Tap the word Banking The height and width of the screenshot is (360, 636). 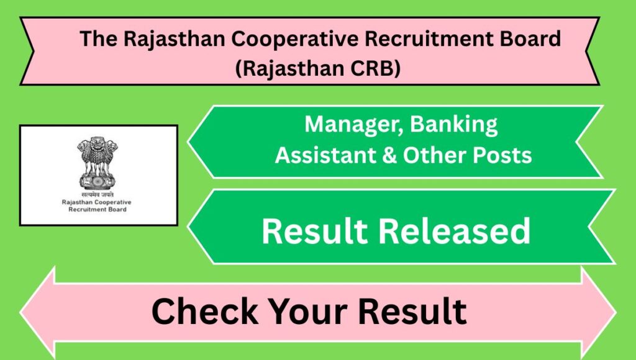pyautogui.click(x=454, y=125)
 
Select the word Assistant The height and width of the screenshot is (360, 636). pyautogui.click(x=325, y=155)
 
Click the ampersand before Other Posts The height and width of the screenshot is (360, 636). pyautogui.click(x=389, y=156)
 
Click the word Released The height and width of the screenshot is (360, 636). pyautogui.click(x=454, y=231)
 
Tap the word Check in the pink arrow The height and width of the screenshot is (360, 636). pyautogui.click(x=205, y=312)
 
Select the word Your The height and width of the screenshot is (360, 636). pyautogui.click(x=308, y=312)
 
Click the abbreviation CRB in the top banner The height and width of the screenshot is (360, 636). pyautogui.click(x=375, y=68)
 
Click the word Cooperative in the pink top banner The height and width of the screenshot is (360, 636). pyautogui.click(x=295, y=39)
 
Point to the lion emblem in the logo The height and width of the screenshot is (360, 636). pyautogui.click(x=98, y=163)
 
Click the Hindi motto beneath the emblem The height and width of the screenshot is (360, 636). pyautogui.click(x=98, y=195)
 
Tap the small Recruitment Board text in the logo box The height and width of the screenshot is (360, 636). pyautogui.click(x=98, y=210)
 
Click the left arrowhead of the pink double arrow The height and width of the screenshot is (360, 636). pyautogui.click(x=37, y=313)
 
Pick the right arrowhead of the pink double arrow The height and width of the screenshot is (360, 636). pyautogui.click(x=599, y=313)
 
